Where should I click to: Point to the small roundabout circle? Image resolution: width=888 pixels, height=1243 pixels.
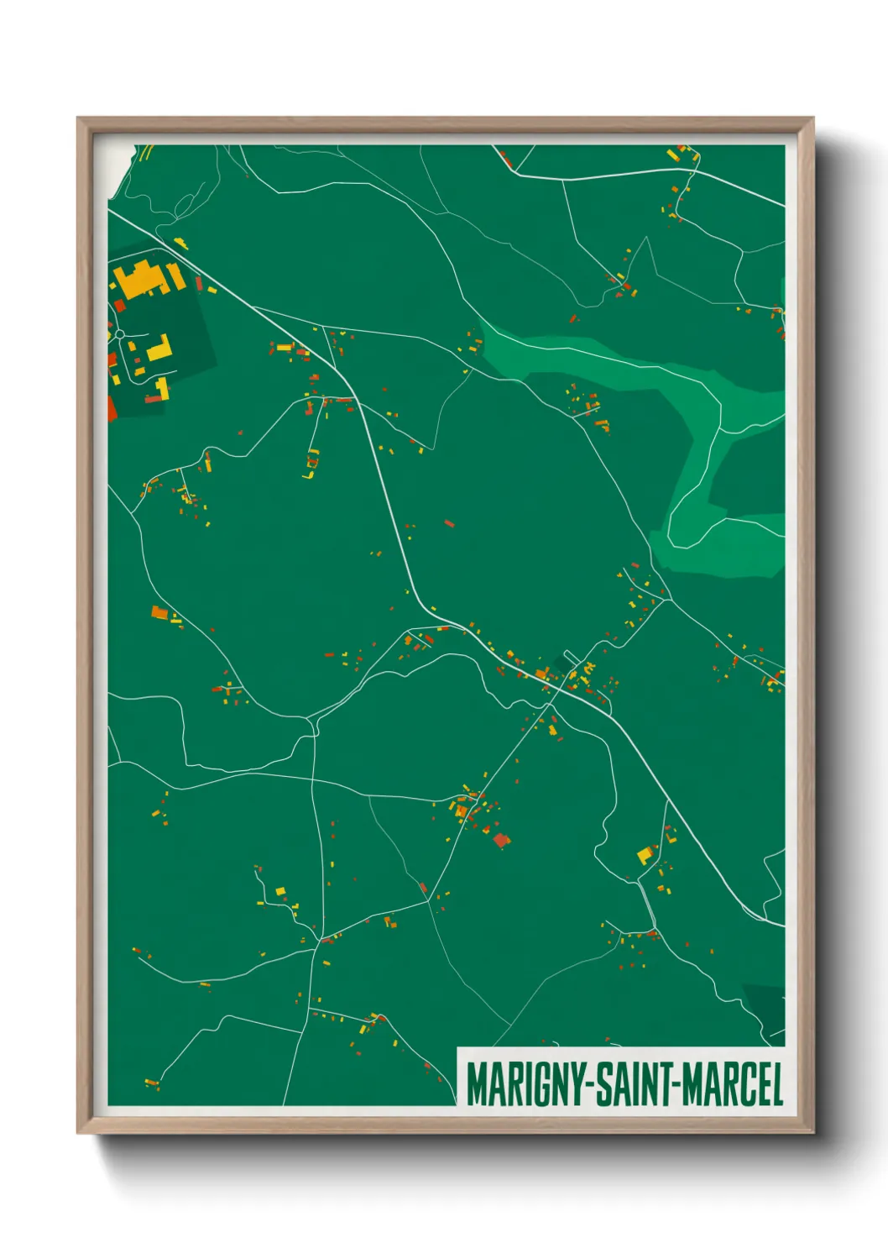tap(119, 334)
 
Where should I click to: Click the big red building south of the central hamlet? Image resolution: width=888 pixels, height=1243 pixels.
tap(501, 839)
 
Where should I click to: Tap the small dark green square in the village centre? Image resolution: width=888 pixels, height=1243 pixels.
tap(569, 660)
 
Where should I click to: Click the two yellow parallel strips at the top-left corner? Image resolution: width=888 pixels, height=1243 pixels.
tap(145, 152)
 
